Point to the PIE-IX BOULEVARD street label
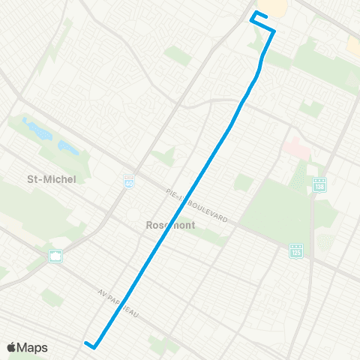201,204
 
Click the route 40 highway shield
129,181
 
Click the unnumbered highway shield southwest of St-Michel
55,256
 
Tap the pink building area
295,148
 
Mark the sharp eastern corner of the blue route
274,31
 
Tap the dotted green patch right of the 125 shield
325,242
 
